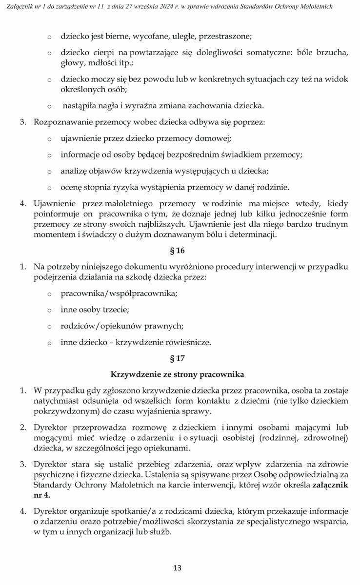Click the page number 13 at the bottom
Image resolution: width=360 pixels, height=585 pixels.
[x=178, y=567]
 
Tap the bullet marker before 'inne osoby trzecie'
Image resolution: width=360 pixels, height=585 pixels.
[x=49, y=310]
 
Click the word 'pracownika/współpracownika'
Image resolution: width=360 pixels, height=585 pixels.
[x=119, y=293]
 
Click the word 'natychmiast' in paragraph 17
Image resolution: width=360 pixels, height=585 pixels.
[x=55, y=401]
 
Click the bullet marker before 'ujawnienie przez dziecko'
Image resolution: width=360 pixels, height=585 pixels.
[x=49, y=139]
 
